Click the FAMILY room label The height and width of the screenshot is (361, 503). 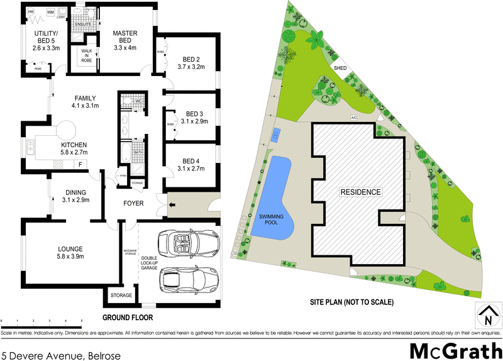pos(85,102)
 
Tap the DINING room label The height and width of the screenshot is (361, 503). pos(75,196)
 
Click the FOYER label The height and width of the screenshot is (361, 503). pos(133,204)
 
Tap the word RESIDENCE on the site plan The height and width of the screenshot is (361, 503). pos(360,192)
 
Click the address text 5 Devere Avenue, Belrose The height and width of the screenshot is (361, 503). pos(60,355)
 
